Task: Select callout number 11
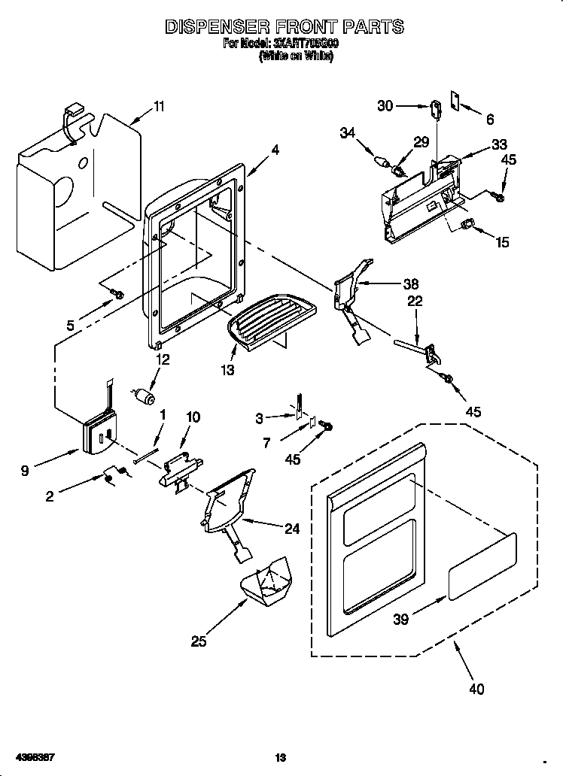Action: [159, 106]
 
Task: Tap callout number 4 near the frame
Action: [275, 150]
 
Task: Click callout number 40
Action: [476, 688]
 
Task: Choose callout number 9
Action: [26, 471]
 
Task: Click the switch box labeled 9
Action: [99, 435]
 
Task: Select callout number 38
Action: [411, 283]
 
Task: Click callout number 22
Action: [415, 301]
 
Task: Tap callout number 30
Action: [385, 106]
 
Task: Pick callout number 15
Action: [502, 241]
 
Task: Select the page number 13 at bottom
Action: [281, 756]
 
